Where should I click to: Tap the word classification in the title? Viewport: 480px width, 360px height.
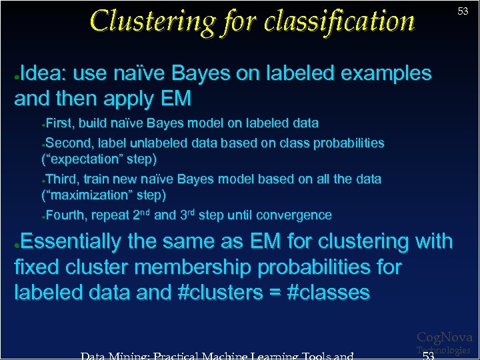click(339, 21)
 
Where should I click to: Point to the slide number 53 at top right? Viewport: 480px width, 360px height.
click(463, 11)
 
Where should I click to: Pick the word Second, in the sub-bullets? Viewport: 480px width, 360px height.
click(69, 143)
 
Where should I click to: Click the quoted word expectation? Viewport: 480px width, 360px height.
click(99, 159)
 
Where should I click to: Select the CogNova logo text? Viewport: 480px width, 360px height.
click(444, 338)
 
